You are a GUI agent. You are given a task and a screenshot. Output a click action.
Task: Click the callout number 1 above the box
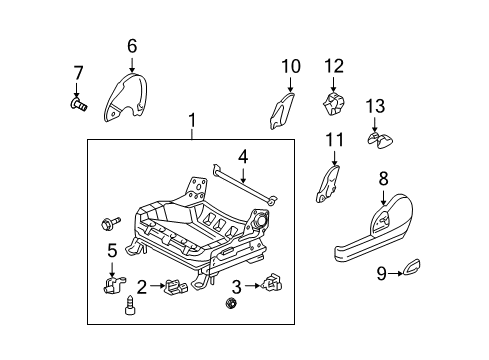[x=192, y=123]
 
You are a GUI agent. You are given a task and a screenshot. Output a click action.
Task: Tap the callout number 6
[x=132, y=45]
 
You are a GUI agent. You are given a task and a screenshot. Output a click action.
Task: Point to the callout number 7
[x=79, y=72]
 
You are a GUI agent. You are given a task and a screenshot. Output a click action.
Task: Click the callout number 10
[x=290, y=67]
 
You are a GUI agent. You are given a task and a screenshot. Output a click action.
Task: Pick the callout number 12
[x=333, y=66]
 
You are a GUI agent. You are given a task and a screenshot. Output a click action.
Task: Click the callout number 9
[x=380, y=271]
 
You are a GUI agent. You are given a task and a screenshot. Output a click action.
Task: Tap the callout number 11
[x=335, y=141]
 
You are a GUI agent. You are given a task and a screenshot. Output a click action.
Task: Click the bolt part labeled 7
[x=79, y=101]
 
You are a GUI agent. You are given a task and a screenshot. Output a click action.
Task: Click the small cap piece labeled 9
[x=412, y=268]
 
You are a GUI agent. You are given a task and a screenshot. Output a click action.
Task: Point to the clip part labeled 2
[x=176, y=289]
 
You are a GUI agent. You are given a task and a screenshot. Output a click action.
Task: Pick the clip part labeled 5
[x=113, y=287]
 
